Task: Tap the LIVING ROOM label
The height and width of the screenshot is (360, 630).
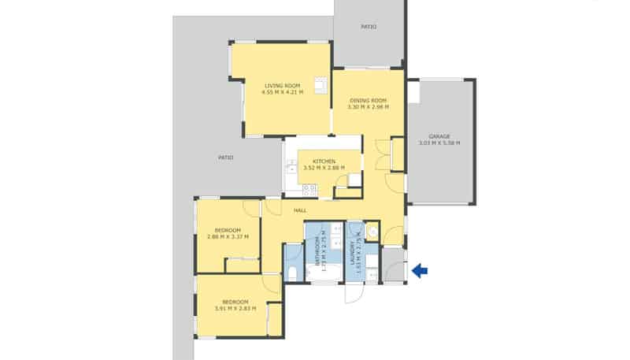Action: coord(282,85)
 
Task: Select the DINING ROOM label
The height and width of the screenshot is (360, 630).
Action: coord(369,100)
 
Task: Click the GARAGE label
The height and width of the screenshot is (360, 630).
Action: coord(439,136)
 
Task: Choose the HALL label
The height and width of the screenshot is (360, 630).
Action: coord(300,210)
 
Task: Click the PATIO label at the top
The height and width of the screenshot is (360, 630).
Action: coord(369,27)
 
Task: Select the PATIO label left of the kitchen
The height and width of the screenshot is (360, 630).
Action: coord(226,158)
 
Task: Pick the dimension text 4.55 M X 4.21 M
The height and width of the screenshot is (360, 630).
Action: coord(282,92)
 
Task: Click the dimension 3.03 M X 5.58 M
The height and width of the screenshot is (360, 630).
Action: coord(439,143)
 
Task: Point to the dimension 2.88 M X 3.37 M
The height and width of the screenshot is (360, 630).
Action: coord(228,236)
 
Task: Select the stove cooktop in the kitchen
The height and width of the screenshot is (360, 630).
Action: coord(309,189)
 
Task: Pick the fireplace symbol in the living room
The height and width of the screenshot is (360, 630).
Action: coord(321,85)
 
